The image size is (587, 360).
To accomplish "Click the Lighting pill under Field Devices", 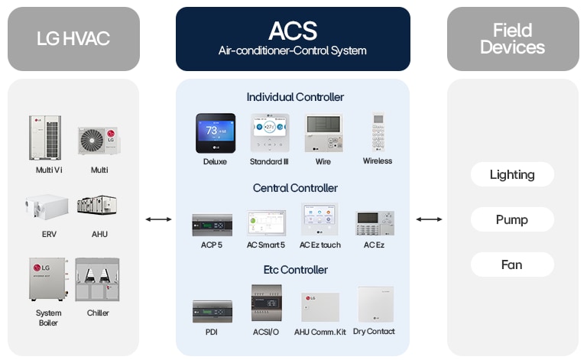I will [x=512, y=174].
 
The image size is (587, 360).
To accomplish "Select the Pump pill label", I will [x=512, y=219].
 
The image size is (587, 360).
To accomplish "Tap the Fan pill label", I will [x=512, y=264].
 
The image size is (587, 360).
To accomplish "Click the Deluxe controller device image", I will [x=215, y=134].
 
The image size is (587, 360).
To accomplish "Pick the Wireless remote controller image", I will [x=378, y=132].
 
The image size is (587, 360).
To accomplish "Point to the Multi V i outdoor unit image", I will [x=45, y=137].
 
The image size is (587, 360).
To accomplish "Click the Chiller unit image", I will [x=97, y=280].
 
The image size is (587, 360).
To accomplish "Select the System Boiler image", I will [x=48, y=280].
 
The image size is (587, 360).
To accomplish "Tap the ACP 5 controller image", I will [x=212, y=225].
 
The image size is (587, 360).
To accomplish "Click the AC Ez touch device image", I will [x=319, y=220].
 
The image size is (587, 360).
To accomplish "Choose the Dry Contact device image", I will [x=375, y=304].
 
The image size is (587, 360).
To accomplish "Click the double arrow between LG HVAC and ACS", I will [x=158, y=219].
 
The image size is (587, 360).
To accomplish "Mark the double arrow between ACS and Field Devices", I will [x=429, y=219].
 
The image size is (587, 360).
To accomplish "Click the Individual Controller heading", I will [x=295, y=97].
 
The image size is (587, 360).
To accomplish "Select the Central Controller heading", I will [x=295, y=188].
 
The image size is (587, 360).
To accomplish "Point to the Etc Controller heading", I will [x=295, y=270].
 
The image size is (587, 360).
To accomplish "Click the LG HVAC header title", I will [x=73, y=38].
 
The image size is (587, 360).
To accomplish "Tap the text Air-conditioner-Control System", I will [x=293, y=51].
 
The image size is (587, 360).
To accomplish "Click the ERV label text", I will [x=49, y=234].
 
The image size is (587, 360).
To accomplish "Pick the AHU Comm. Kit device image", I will [x=319, y=306].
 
